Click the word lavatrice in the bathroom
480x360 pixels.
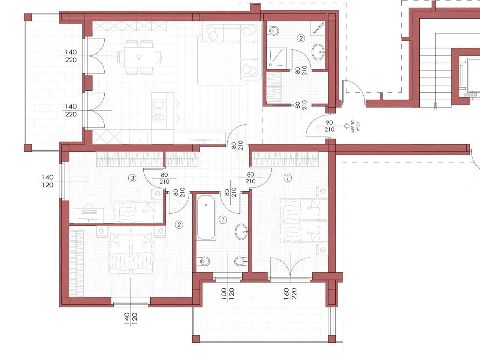point(318,28)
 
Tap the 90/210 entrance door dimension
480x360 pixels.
point(329,126)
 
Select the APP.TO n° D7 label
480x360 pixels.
point(355,126)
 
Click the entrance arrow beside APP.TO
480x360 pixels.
point(346,126)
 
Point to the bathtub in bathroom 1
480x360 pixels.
point(206,217)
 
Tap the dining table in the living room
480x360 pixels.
point(139,57)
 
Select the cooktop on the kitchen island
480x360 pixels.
point(159,111)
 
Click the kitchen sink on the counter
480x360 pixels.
point(140,137)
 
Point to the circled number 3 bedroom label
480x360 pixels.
point(132,178)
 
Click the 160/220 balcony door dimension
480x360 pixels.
point(290,294)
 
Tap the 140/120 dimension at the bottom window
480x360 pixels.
point(131,318)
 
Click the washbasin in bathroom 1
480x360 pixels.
point(241,232)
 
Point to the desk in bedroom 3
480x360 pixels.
point(89,216)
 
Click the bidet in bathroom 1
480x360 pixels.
point(241,261)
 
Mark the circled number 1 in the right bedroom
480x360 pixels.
point(288,178)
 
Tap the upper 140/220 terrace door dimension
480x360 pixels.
point(70,56)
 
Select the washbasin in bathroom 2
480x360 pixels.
point(318,52)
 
